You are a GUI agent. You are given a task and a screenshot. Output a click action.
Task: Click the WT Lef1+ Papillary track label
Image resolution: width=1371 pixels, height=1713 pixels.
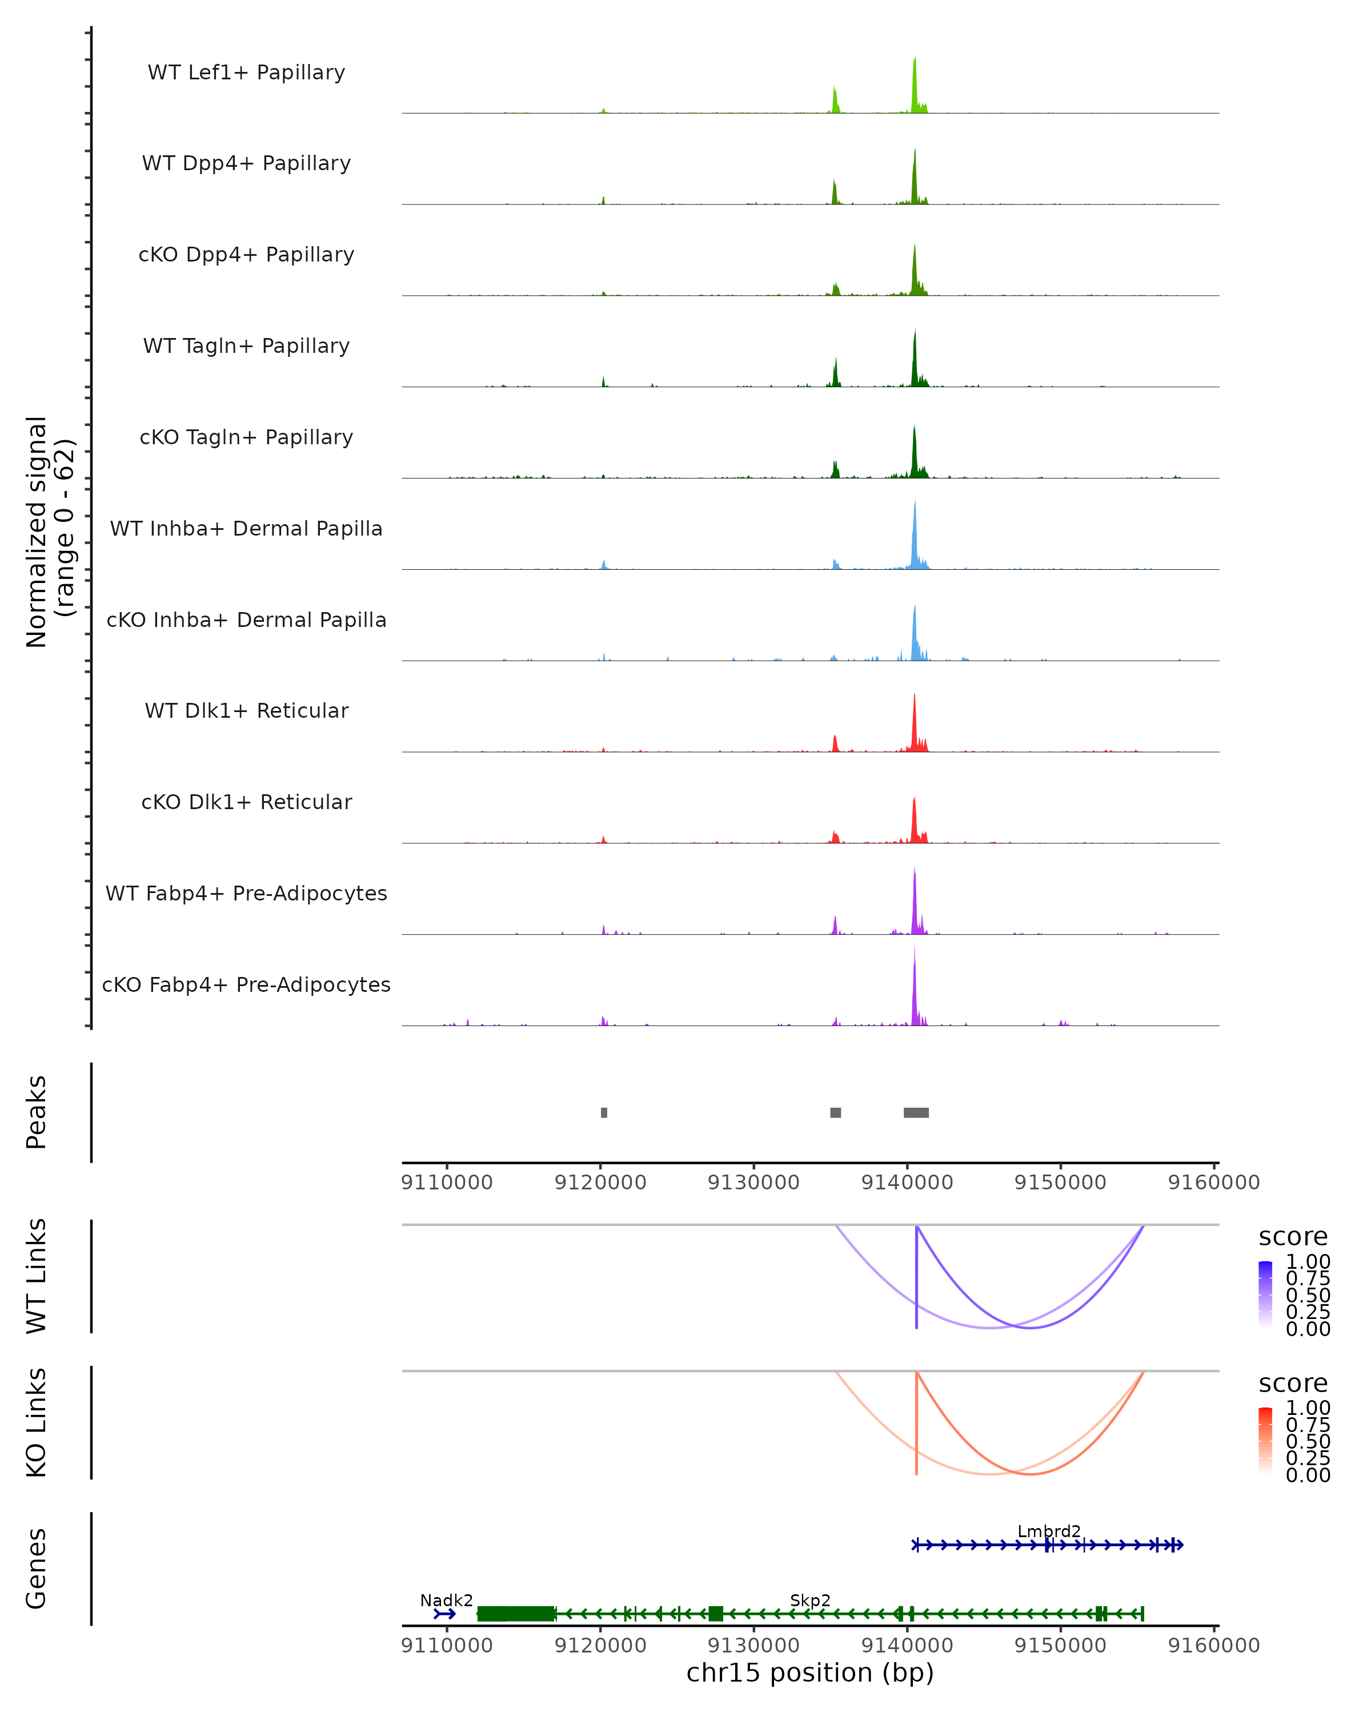point(246,73)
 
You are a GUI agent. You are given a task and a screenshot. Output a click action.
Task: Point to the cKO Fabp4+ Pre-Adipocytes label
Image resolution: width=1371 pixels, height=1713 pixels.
point(246,984)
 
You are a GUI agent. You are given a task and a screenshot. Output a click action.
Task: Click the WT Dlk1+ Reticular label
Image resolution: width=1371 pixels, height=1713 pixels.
point(246,710)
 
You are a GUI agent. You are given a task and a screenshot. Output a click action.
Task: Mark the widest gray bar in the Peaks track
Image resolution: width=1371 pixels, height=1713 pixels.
point(916,1112)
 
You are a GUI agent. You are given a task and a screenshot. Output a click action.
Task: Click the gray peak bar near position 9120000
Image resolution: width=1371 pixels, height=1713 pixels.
point(604,1112)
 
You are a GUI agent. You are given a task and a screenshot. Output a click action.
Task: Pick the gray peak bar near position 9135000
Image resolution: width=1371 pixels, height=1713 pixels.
point(835,1112)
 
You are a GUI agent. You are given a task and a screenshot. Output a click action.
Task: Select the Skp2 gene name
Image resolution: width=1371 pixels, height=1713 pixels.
point(810,1600)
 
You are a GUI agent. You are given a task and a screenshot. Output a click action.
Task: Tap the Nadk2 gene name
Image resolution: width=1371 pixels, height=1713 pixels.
point(447,1600)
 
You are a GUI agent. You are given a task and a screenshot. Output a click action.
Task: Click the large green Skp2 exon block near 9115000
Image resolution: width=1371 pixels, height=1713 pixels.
point(516,1614)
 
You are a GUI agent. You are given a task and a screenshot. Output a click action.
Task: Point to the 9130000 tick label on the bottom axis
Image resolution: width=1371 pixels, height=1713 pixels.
point(753,1644)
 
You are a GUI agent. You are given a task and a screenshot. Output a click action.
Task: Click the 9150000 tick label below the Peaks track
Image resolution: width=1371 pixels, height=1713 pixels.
point(1060,1183)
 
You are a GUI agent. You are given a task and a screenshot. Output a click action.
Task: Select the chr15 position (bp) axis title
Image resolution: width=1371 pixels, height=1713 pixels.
point(810,1672)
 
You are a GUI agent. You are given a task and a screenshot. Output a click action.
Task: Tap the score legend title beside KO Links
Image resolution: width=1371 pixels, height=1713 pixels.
point(1293,1384)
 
